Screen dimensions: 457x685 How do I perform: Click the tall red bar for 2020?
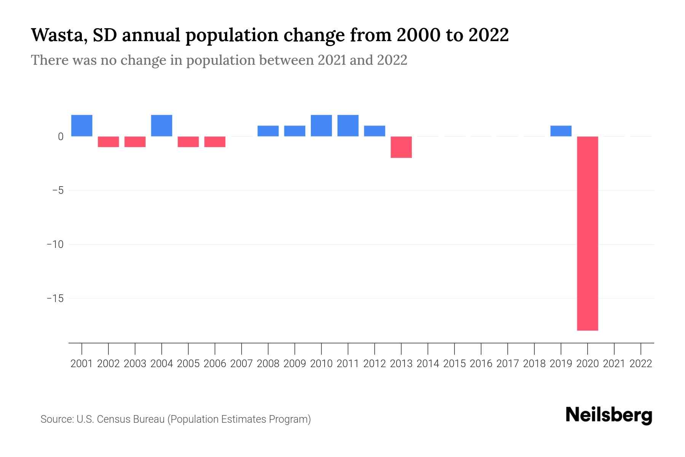point(587,233)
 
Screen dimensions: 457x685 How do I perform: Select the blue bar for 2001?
point(82,126)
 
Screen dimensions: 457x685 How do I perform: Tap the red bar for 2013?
point(401,147)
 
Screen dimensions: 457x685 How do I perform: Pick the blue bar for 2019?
point(561,131)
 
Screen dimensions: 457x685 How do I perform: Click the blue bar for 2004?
point(162,126)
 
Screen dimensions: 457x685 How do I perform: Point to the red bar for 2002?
point(108,142)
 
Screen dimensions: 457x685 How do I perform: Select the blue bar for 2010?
point(321,126)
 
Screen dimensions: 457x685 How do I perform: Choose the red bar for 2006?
point(215,142)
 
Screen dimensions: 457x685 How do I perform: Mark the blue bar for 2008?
point(268,131)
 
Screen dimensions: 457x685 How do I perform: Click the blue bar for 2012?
point(374,131)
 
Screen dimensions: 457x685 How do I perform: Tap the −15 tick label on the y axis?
point(55,298)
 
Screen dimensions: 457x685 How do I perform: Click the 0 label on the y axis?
point(61,136)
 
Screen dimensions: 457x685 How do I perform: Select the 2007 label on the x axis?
point(241,364)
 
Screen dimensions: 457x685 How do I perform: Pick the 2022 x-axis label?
point(641,364)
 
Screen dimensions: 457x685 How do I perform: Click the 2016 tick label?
point(481,364)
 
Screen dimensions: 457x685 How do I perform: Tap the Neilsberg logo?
point(609,415)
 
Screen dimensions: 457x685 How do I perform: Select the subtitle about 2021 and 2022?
point(219,60)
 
